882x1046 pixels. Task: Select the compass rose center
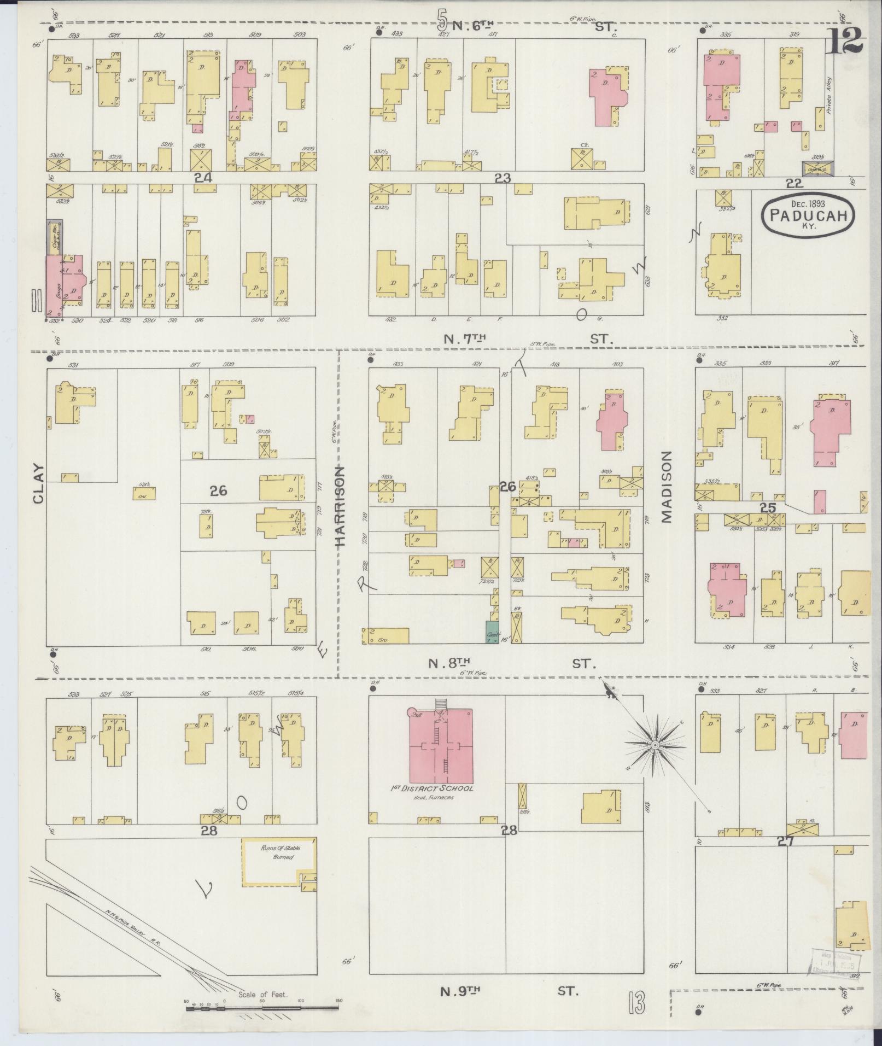[655, 745]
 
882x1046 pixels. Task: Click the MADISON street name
[667, 487]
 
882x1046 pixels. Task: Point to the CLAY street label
[38, 483]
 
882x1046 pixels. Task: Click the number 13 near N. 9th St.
[636, 1003]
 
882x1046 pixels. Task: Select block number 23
[502, 177]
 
